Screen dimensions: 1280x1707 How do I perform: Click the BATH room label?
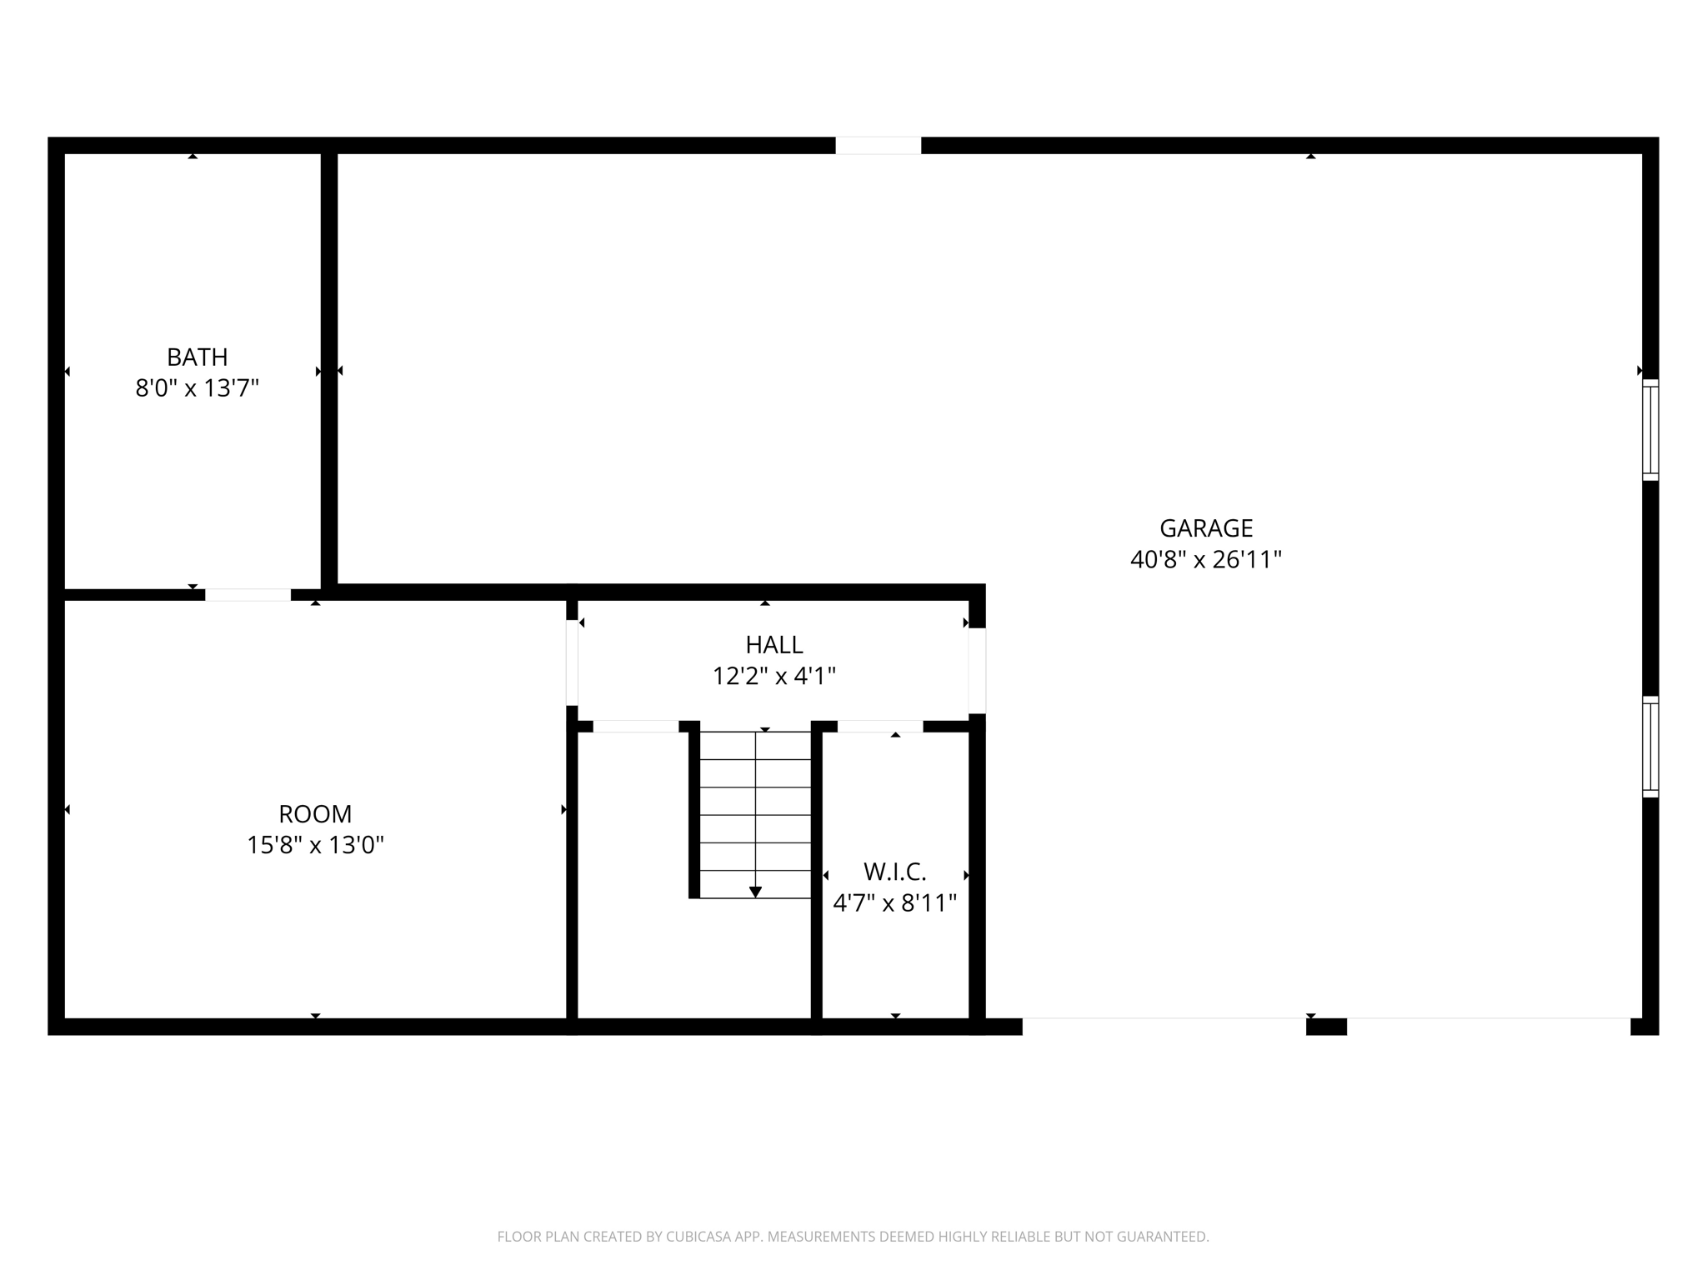click(198, 357)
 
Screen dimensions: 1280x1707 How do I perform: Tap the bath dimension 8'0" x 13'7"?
click(198, 388)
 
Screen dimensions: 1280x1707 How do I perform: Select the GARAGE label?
click(1206, 528)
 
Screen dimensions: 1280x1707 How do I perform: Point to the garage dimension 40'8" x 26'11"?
click(1205, 559)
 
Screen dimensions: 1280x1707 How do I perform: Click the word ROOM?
click(315, 814)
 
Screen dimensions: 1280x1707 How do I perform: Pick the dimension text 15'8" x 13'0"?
click(315, 845)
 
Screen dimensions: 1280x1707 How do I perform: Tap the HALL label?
click(774, 645)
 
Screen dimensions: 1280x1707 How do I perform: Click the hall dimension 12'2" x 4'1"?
click(774, 676)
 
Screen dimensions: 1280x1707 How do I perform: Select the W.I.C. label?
click(895, 872)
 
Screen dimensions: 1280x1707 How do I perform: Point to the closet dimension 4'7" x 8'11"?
click(895, 903)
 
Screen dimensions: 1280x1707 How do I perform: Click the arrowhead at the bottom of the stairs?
click(755, 892)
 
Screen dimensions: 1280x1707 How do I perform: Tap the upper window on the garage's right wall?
click(1650, 430)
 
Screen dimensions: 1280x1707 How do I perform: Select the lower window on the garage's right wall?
click(1650, 747)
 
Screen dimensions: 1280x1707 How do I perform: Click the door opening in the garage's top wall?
click(879, 146)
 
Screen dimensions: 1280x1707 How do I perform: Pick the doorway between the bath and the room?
click(248, 595)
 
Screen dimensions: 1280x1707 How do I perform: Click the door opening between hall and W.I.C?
click(880, 727)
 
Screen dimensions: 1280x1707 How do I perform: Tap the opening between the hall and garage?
click(977, 671)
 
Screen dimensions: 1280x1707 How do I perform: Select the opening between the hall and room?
click(572, 663)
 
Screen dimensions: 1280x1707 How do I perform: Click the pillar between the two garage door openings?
click(1326, 1027)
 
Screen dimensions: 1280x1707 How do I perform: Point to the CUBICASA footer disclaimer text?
click(853, 1237)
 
